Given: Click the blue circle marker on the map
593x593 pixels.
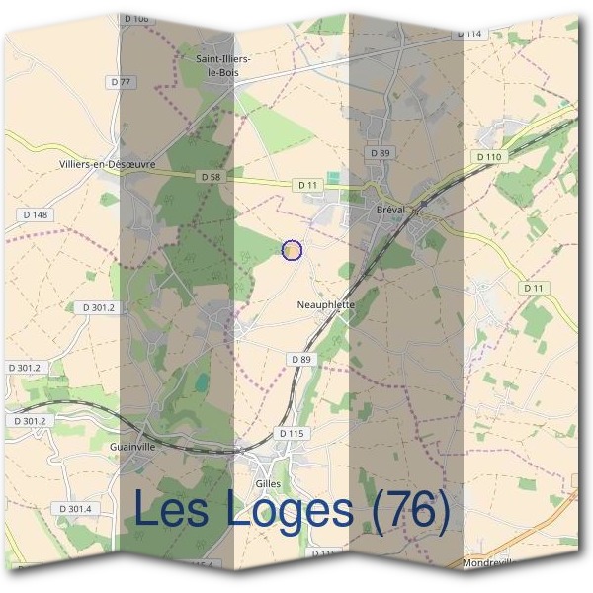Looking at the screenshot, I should [292, 251].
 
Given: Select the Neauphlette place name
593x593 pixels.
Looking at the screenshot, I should [325, 306].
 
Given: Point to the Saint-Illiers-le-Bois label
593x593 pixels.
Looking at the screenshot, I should [222, 66].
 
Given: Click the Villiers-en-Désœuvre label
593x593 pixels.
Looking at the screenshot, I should [100, 165].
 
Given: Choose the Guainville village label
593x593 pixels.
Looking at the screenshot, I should [128, 447].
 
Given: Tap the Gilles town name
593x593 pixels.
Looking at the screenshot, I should [267, 483].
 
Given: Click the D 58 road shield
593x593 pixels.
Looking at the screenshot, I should [210, 176].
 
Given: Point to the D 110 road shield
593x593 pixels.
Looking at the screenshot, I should [488, 157].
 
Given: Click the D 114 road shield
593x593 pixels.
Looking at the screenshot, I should [470, 34].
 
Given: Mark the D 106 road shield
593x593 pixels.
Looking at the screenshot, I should [137, 19].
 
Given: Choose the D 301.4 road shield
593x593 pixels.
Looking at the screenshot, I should [75, 508].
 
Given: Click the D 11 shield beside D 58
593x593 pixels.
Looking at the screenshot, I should [306, 184].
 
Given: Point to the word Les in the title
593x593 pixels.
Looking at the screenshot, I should [167, 510].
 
